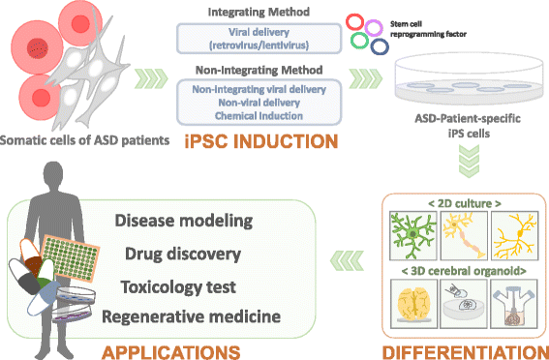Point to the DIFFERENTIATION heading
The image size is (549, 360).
click(464, 345)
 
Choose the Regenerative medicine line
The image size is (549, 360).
click(201, 316)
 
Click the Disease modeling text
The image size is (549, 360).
click(184, 222)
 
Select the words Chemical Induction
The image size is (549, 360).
click(257, 115)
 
